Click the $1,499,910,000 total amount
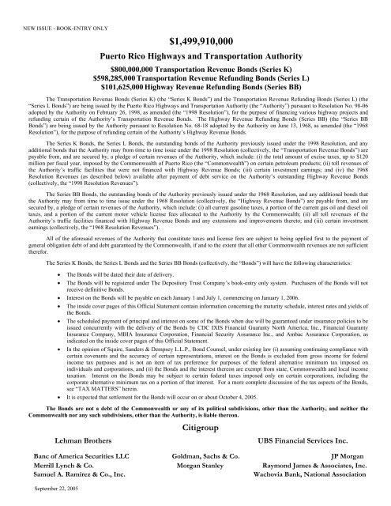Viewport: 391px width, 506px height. point(194,40)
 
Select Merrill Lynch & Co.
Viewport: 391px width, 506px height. point(48,467)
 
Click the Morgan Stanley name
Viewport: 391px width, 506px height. point(194,467)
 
